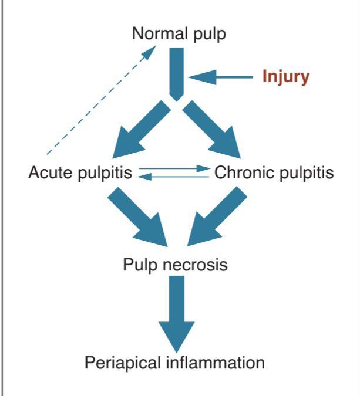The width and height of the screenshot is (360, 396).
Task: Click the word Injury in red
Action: pyautogui.click(x=285, y=77)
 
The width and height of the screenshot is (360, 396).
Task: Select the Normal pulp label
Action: pyautogui.click(x=178, y=33)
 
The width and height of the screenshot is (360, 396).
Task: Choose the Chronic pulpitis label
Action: pyautogui.click(x=274, y=173)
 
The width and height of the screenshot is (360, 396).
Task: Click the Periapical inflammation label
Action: pyautogui.click(x=174, y=362)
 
